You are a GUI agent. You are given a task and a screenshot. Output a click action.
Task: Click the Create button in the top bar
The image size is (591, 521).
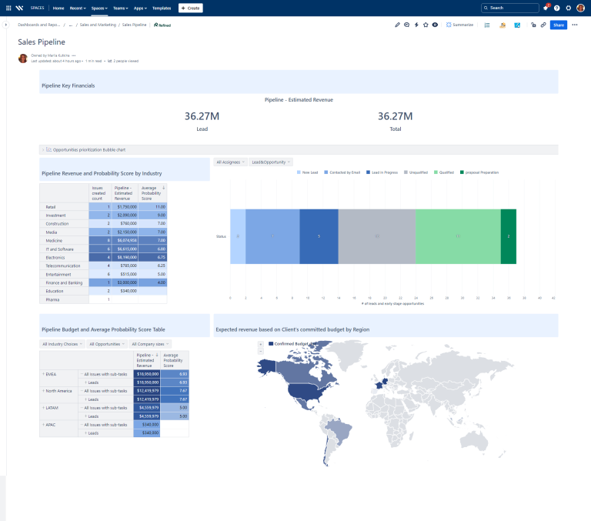point(191,8)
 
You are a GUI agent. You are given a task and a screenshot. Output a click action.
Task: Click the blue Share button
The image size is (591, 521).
point(558,25)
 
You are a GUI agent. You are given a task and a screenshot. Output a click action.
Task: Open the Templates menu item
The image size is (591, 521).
point(162,8)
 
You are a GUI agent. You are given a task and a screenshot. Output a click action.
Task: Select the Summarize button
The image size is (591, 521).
point(459,25)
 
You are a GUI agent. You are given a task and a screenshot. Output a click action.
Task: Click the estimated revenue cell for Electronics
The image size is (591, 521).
point(125,258)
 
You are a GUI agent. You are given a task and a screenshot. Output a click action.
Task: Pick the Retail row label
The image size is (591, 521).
point(51,207)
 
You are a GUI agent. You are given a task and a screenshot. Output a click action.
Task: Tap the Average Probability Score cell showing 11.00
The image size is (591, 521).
point(153,207)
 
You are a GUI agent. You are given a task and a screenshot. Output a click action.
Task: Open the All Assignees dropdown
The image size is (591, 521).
point(229,162)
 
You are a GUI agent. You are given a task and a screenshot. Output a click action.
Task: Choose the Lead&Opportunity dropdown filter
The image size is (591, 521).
point(270,162)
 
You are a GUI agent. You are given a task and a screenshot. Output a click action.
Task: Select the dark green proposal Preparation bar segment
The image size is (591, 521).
point(508,236)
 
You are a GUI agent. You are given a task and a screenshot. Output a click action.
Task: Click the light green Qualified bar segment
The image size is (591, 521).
point(458,236)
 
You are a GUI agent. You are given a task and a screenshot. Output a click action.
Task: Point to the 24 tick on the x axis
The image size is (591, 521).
point(416,298)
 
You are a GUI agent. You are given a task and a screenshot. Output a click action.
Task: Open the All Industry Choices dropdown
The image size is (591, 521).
point(62,344)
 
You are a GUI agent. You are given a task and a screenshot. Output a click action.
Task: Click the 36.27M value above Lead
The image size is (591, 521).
point(202,116)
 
